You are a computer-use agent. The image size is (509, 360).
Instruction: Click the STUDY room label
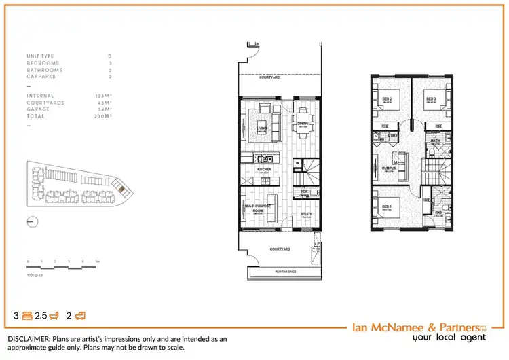tap(306, 214)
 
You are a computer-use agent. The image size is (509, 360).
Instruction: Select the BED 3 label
tap(430, 98)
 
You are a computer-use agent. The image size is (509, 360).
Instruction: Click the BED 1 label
tap(386, 206)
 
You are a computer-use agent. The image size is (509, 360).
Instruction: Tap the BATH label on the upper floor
tap(436, 141)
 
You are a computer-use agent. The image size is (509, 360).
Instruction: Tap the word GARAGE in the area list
tap(37, 109)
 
